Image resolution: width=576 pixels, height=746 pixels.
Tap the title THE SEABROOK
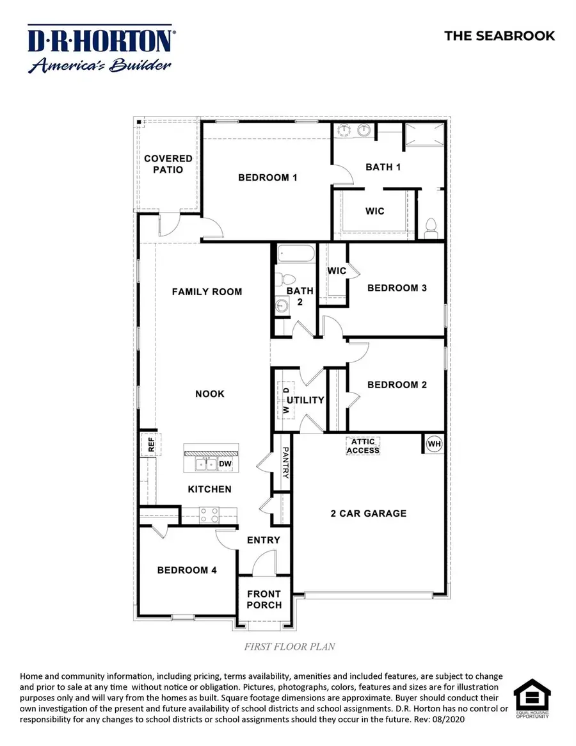pos(500,36)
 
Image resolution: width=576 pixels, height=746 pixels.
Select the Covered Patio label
pos(168,164)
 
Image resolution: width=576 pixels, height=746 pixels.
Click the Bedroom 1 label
pos(268,177)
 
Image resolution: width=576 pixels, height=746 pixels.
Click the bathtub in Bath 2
pos(295,254)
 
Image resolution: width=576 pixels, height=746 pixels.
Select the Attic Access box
pos(363,446)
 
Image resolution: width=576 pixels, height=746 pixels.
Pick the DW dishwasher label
pos(225,464)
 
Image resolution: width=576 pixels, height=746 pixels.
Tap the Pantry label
pos(285,462)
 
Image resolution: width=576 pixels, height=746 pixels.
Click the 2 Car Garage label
pos(369,513)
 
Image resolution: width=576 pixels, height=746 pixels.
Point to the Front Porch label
pos(264,599)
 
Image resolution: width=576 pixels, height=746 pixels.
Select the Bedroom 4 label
pos(182,570)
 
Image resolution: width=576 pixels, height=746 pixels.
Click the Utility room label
pos(305,400)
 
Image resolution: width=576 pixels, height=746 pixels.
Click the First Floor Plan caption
pos(289,647)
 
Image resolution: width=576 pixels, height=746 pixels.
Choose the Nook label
pos(210,394)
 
